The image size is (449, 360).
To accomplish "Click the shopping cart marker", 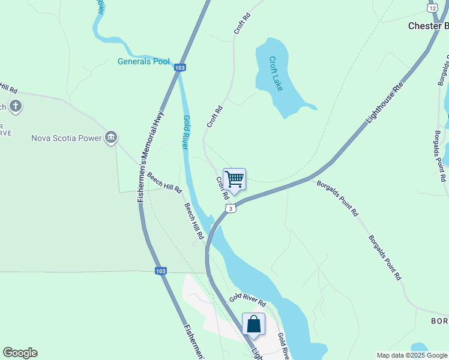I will [234, 179].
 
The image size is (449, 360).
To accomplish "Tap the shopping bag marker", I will [253, 324].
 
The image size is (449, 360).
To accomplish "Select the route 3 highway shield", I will [231, 208].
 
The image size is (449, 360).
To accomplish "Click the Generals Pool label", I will [143, 61].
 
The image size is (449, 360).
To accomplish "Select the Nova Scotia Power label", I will [67, 138].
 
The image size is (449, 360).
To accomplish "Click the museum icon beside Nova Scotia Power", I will [111, 138].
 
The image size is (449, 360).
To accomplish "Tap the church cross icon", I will [16, 107].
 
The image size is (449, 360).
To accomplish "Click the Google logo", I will [20, 353].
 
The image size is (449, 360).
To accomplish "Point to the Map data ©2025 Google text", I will [412, 355].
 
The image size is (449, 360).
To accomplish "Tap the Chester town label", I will [428, 26].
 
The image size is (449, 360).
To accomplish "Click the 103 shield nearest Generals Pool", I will [179, 68].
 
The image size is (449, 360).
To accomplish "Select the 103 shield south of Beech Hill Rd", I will [160, 271].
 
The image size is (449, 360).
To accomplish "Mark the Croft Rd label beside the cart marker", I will [222, 188].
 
